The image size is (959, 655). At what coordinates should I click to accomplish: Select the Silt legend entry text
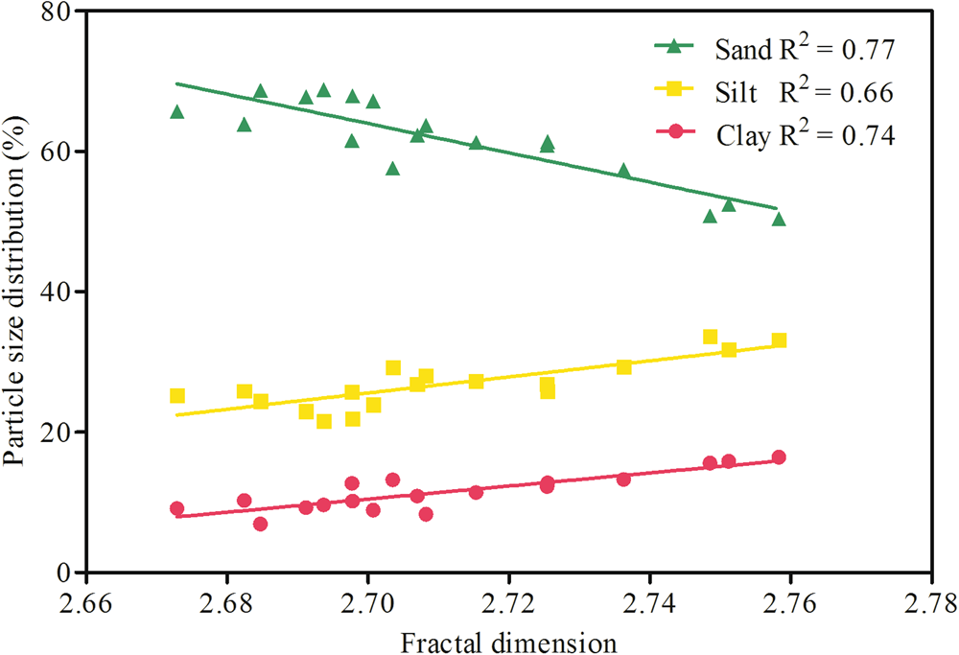pos(804,92)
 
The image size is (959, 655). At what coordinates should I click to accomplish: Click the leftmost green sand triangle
pos(176,112)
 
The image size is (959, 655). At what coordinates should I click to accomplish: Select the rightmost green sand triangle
pos(779,220)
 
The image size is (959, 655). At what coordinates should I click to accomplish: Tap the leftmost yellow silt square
pos(176,395)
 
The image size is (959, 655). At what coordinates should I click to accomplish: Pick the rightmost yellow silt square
pos(779,340)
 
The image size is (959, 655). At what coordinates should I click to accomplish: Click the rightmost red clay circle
pos(779,457)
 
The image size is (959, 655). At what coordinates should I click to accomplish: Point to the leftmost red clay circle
pos(176,508)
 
